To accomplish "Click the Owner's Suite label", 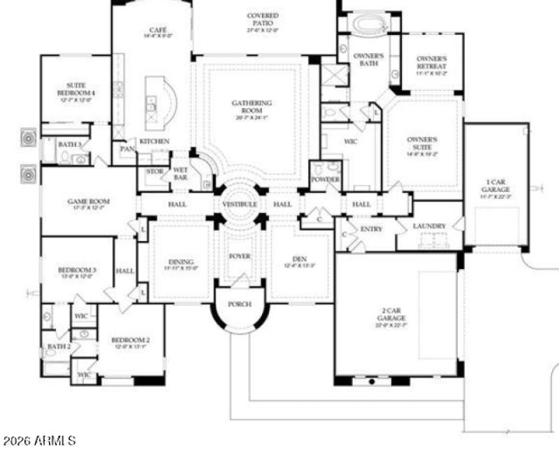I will [x=422, y=143].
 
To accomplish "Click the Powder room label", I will [x=326, y=180].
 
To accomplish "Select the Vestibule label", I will [x=240, y=204].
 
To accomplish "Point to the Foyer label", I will [x=240, y=256].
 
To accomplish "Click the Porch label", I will [x=240, y=305].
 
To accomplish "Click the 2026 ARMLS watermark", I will [x=40, y=441].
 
